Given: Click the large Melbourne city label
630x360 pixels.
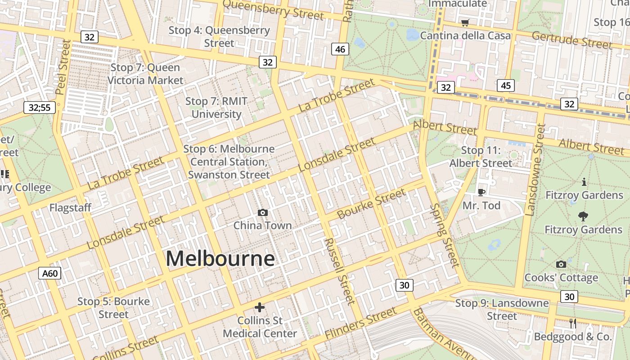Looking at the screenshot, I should coord(220,259).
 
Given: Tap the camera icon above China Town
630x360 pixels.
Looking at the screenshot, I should coord(263,212).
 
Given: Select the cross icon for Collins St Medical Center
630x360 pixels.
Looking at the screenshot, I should coord(260,307).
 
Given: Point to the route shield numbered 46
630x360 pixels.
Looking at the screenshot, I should coord(340,49).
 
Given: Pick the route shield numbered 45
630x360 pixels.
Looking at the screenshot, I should coord(506,85).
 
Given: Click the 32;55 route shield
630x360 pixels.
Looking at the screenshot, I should coord(40,107).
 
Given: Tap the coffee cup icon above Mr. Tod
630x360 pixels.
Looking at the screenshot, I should coord(481,192).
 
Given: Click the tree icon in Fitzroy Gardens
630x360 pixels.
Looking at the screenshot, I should coord(583,216).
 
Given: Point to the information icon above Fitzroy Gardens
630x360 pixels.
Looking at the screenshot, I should coord(584,182).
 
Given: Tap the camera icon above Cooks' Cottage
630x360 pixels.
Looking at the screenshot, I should coord(561,264).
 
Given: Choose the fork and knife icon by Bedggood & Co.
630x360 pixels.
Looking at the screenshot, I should coord(573,323).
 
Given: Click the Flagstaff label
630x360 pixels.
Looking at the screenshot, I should coord(70,208).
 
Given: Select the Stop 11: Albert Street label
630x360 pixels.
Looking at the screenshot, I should coord(481,157).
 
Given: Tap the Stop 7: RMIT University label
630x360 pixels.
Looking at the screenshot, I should coord(216,108).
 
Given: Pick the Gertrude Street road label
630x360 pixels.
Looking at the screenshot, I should coord(571,40).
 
